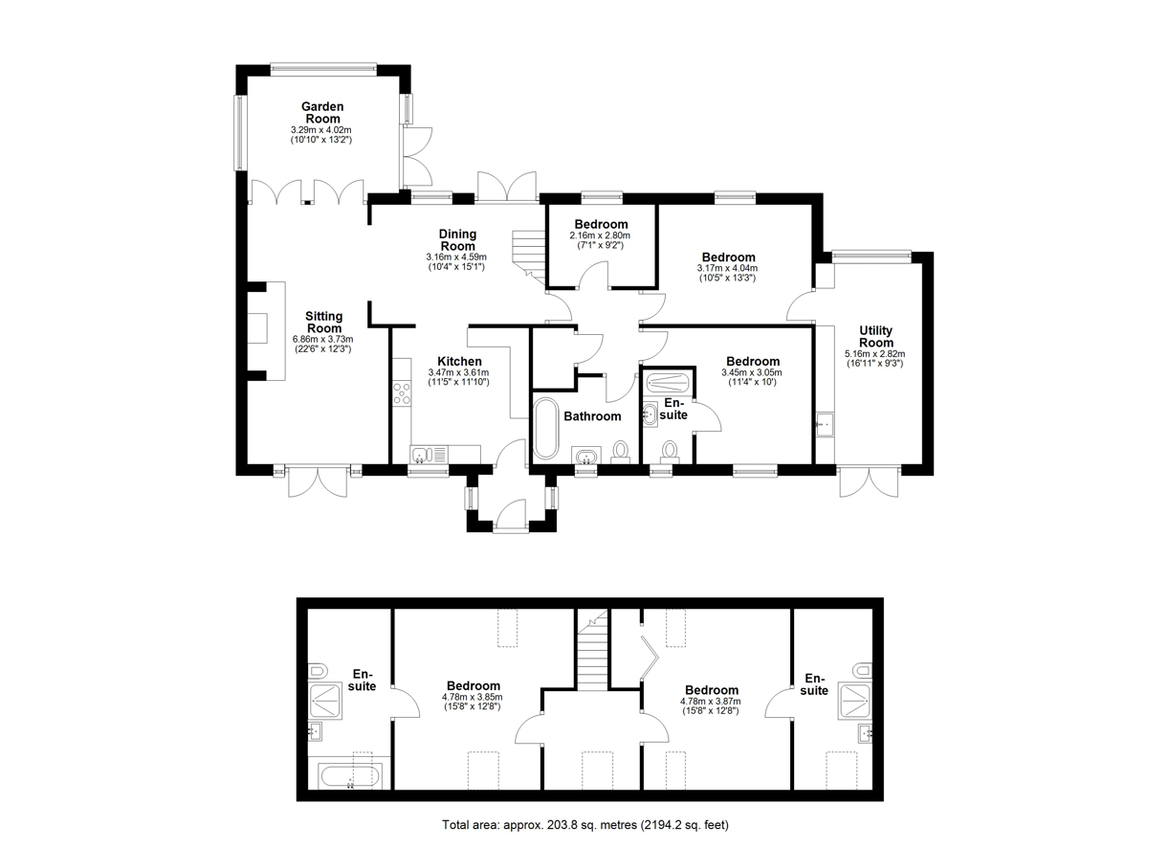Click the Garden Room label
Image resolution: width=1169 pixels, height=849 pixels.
(x=322, y=113)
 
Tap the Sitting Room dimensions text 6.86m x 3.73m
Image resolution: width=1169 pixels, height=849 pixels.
(x=322, y=340)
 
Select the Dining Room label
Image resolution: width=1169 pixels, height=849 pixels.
(x=457, y=240)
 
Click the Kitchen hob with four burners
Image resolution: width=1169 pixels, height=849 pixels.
(x=402, y=393)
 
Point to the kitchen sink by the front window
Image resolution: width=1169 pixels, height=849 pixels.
(x=429, y=455)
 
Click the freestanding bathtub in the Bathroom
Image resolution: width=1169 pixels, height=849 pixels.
(x=546, y=428)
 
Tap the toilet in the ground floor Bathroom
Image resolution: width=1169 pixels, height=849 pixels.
(x=620, y=452)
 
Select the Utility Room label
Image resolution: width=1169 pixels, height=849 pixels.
(x=875, y=337)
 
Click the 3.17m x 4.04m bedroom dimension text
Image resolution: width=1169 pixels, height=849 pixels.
(x=727, y=268)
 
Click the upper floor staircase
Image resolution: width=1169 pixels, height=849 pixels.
(x=593, y=651)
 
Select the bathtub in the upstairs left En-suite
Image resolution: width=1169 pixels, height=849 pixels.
(x=350, y=776)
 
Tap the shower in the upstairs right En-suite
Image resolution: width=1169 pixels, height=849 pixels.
(x=855, y=699)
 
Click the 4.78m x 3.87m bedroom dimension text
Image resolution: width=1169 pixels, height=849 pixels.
(x=710, y=702)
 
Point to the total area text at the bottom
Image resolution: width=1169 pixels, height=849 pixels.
(x=585, y=825)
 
